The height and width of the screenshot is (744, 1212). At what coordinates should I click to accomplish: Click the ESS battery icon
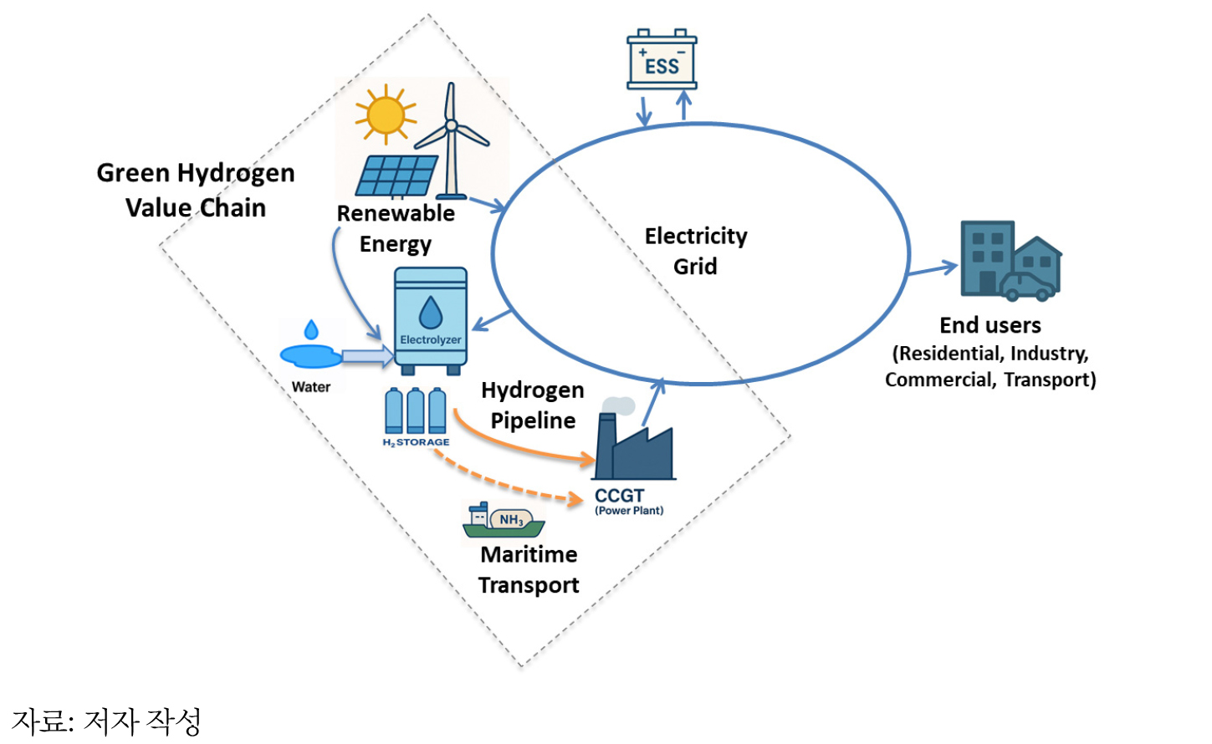click(x=662, y=59)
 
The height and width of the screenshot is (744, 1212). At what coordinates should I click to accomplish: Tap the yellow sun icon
click(x=386, y=115)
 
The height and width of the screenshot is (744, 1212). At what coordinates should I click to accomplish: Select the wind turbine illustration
click(x=452, y=140)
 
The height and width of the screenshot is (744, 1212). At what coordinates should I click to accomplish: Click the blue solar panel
click(x=396, y=176)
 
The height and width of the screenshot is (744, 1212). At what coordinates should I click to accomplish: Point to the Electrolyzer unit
click(x=431, y=321)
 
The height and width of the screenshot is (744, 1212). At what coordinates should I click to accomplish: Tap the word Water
click(x=311, y=387)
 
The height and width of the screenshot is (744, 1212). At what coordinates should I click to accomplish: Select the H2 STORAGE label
click(x=416, y=442)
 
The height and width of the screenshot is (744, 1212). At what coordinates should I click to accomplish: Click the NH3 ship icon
click(x=504, y=520)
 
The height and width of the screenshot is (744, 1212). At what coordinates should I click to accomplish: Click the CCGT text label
click(x=620, y=495)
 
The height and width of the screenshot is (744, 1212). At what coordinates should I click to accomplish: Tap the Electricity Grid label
click(x=696, y=252)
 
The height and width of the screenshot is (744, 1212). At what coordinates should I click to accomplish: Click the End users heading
click(x=990, y=325)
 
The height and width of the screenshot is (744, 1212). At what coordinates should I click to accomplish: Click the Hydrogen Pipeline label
click(x=533, y=405)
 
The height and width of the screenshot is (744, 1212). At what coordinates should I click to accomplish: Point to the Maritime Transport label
click(x=529, y=570)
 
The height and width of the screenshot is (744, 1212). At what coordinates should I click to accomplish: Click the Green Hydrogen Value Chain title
click(x=196, y=191)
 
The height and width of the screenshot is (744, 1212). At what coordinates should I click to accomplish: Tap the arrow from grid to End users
click(x=933, y=268)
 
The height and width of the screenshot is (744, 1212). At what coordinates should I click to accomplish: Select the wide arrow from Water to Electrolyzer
click(x=368, y=356)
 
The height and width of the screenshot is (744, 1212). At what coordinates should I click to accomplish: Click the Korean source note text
click(x=106, y=721)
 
